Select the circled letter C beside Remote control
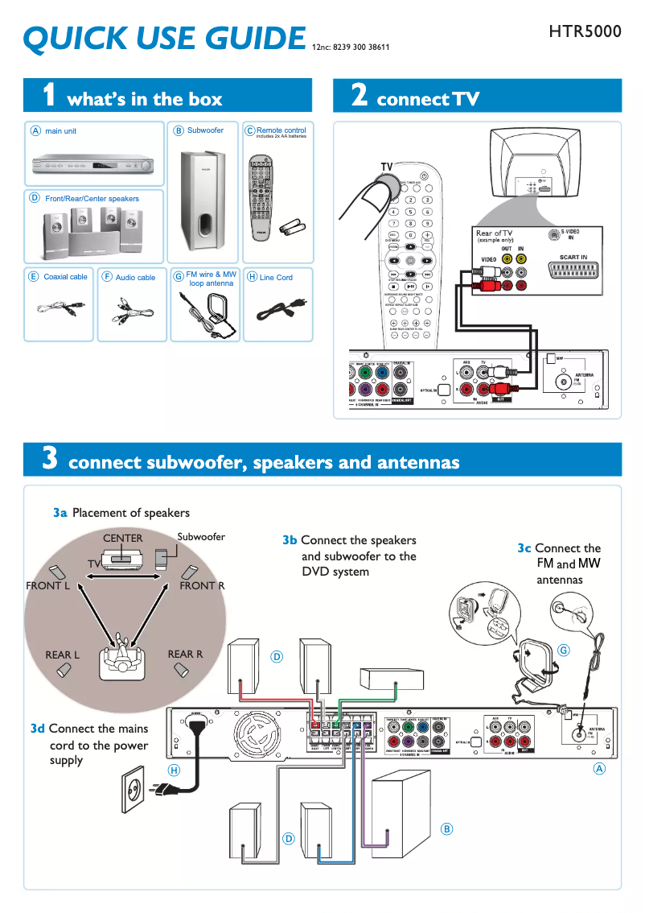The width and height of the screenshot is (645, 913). (249, 130)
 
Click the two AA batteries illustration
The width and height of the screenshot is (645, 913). (292, 228)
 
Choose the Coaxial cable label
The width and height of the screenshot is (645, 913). (65, 277)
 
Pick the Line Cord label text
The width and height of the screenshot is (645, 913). (276, 278)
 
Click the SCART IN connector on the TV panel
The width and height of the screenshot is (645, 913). (573, 274)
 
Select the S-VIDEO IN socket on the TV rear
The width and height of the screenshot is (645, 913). (552, 235)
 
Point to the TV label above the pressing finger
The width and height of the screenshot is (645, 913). (387, 167)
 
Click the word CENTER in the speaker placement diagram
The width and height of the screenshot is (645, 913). (122, 538)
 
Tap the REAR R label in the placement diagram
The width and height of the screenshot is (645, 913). (185, 655)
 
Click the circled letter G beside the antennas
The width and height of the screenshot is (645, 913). (564, 650)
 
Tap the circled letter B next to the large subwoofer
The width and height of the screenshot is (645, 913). (447, 828)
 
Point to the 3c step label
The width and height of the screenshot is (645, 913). (524, 548)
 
